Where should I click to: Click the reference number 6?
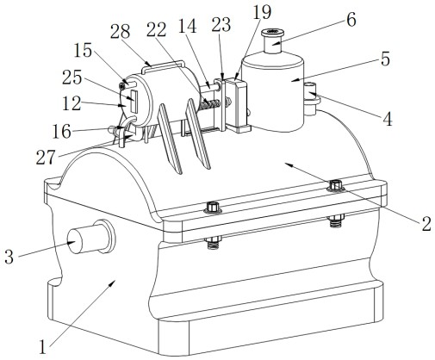click(x=351, y=20)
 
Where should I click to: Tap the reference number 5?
click(x=385, y=59)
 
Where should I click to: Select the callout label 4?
click(x=388, y=119)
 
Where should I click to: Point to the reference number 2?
click(x=426, y=224)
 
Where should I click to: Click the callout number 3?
click(x=9, y=257)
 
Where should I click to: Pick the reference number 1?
click(x=43, y=347)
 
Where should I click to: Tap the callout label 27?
click(x=46, y=158)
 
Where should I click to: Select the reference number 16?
click(x=61, y=132)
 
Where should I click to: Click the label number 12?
click(x=71, y=103)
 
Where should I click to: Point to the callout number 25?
click(x=72, y=78)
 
